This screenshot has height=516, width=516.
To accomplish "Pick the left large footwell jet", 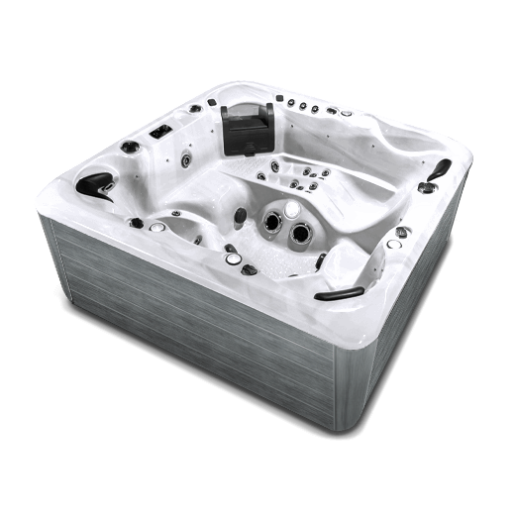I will tap(268, 229).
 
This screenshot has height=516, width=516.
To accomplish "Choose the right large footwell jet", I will tap(299, 234).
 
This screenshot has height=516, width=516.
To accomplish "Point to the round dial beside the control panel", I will tap(129, 148).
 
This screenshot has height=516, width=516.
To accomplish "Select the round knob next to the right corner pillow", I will tap(427, 187).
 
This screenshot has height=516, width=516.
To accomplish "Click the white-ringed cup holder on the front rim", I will tap(232, 258).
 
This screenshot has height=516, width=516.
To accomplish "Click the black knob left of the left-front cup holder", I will tap(136, 223).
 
